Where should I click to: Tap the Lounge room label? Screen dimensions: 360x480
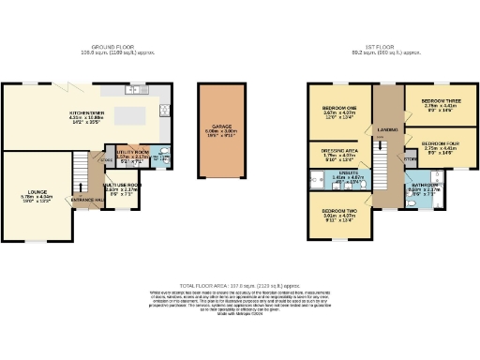(37, 191)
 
